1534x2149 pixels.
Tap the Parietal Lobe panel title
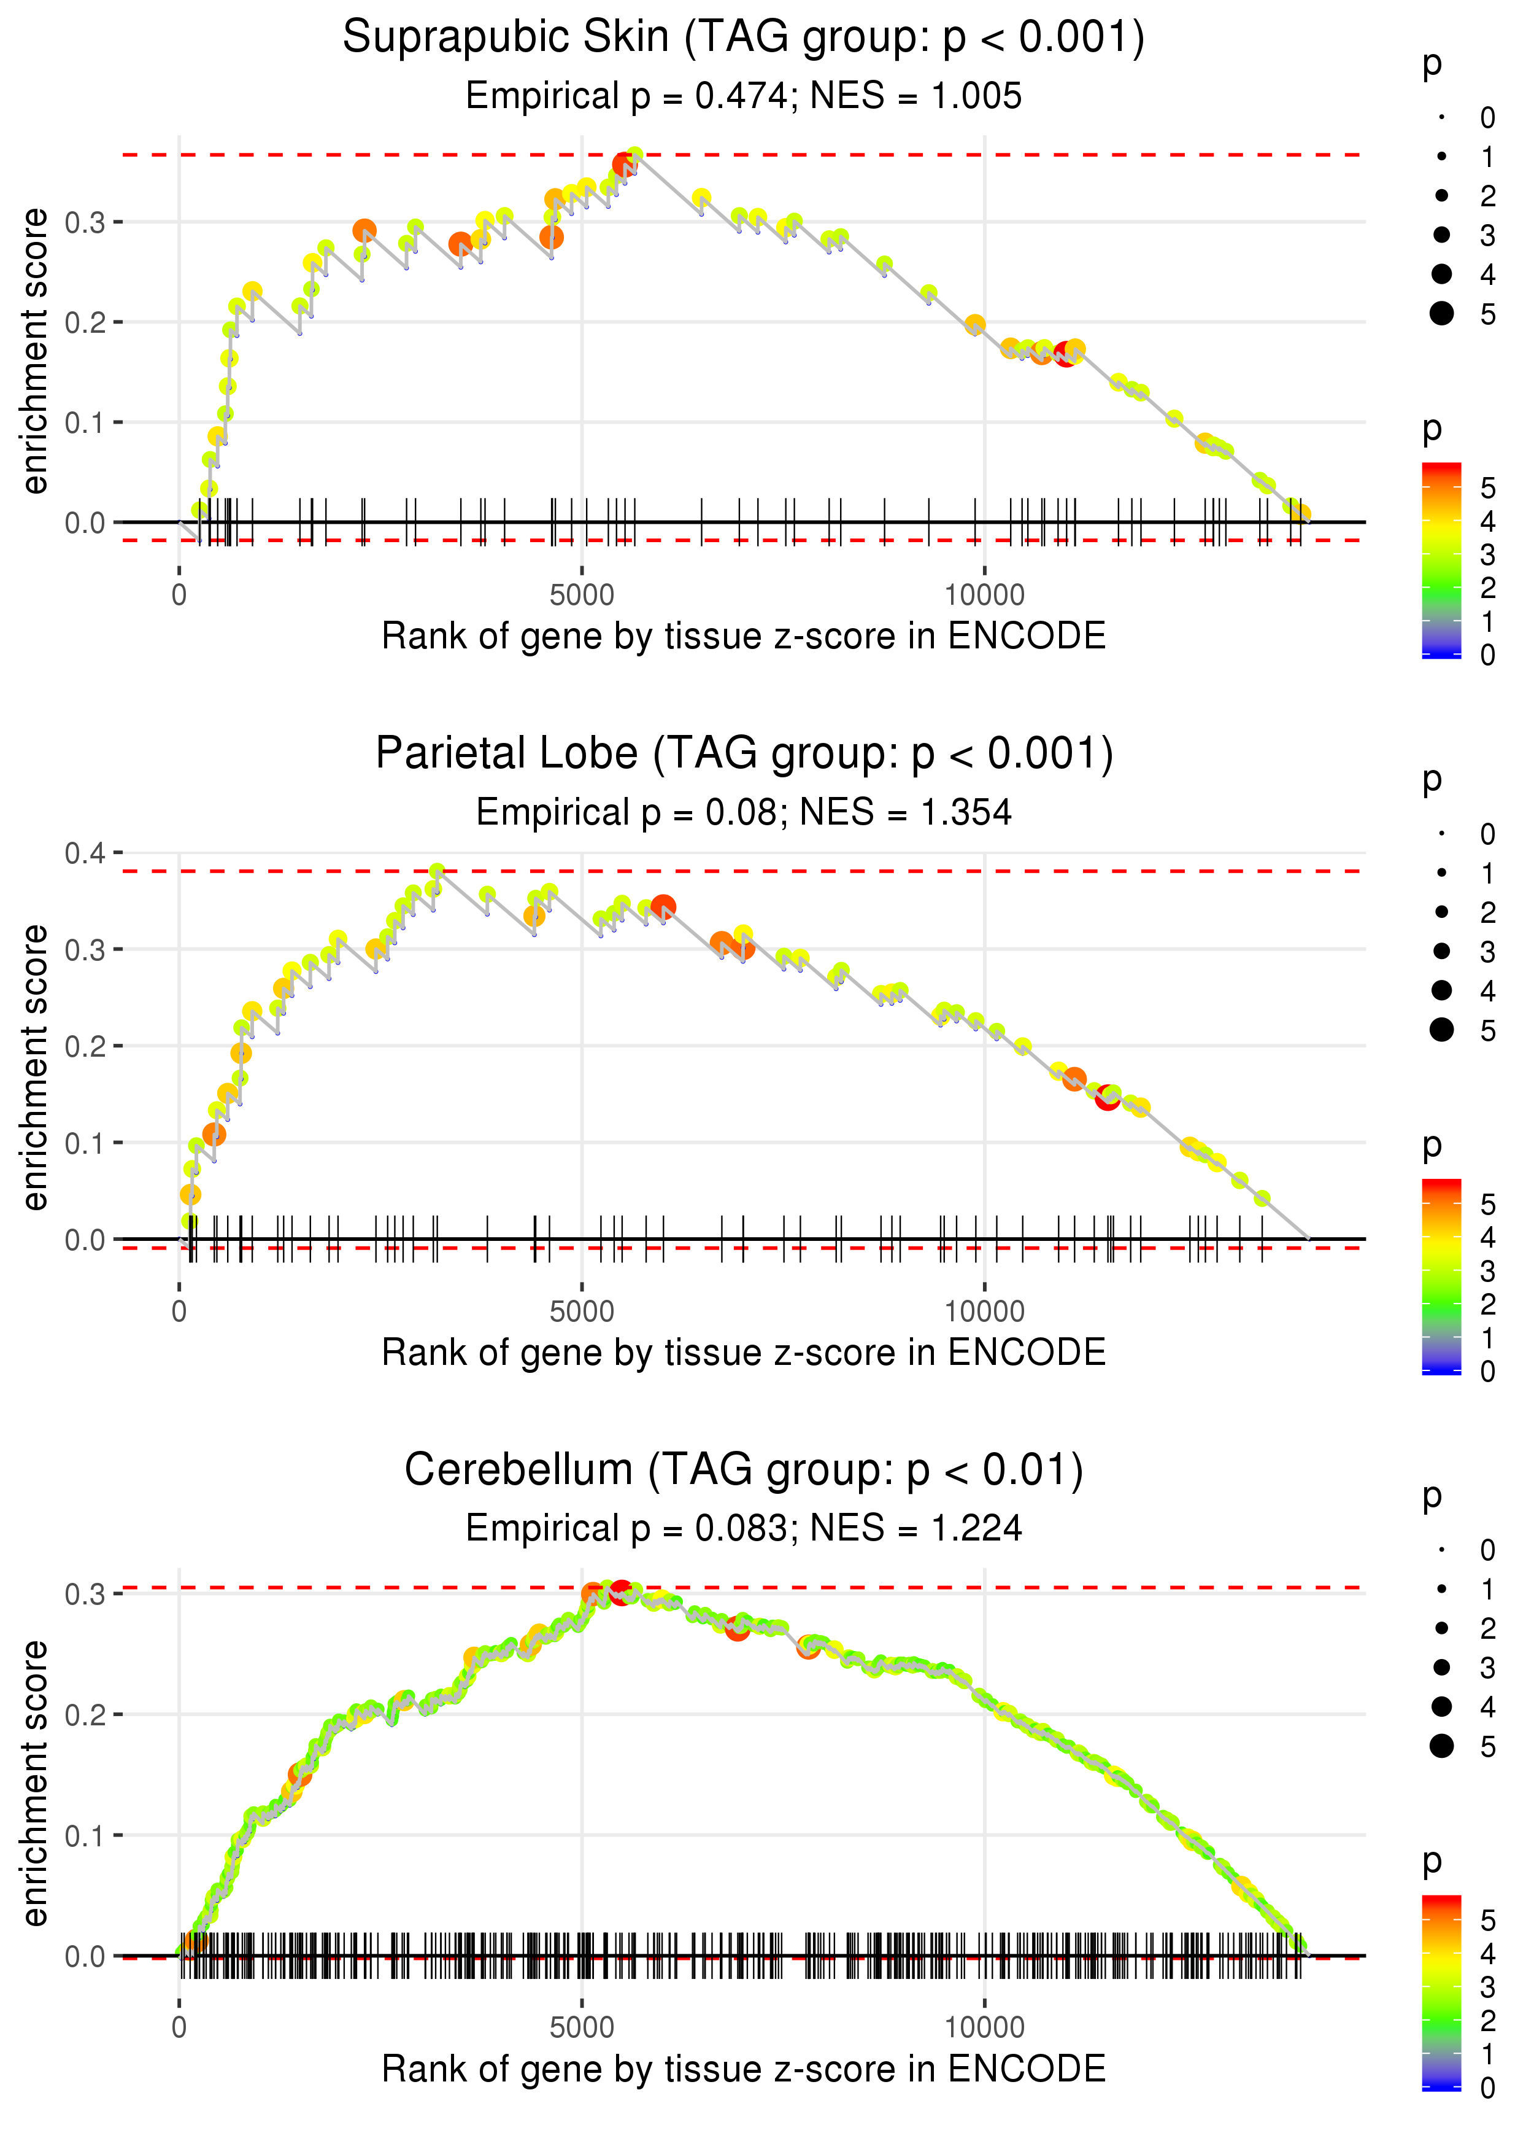pos(744,753)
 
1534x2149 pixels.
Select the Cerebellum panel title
pos(744,1469)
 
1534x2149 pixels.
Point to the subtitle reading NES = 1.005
pos(915,96)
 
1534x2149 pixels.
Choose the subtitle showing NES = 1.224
pos(915,1528)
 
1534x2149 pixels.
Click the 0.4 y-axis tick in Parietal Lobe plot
pos(85,853)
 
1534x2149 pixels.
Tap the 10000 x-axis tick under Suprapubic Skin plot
pos(984,596)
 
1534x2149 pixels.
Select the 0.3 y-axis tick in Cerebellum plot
pos(85,1595)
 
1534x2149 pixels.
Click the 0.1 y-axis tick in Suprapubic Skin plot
pos(85,422)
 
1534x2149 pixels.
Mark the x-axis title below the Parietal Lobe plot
pos(744,1353)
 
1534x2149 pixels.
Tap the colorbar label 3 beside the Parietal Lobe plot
pos(1488,1271)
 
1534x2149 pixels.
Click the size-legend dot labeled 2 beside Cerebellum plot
pos(1441,1627)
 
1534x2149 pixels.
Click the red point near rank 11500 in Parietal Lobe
pos(1107,1098)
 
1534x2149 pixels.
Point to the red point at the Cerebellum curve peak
pos(620,1590)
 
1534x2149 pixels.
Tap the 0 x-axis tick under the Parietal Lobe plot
pos(179,1312)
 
